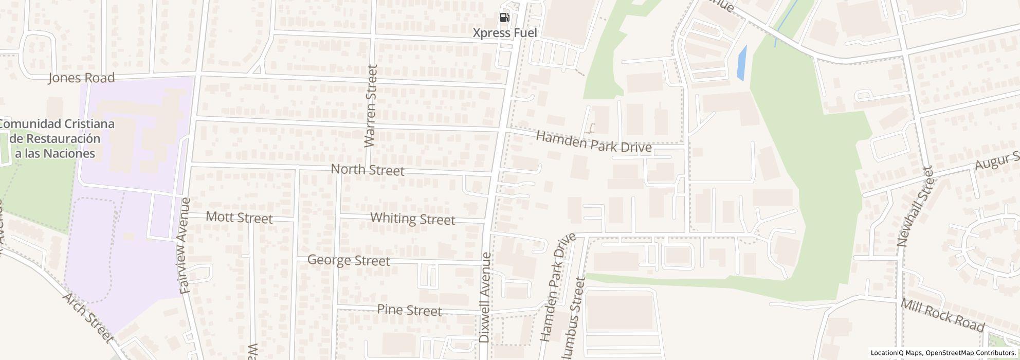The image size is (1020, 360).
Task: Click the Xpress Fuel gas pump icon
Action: click(504, 18)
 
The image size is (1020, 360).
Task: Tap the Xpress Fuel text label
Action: click(504, 33)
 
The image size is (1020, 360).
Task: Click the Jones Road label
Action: click(81, 78)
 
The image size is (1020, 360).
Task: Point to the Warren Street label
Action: click(371, 106)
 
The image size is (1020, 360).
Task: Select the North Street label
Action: click(367, 170)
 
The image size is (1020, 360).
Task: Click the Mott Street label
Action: click(239, 218)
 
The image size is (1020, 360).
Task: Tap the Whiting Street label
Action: click(412, 219)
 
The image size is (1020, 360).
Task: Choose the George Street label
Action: click(348, 261)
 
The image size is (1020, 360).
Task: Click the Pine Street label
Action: click(409, 310)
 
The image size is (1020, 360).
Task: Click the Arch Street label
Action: click(88, 318)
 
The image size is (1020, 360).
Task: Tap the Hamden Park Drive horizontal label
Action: click(593, 141)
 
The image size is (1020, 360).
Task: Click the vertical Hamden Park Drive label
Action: click(557, 287)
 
